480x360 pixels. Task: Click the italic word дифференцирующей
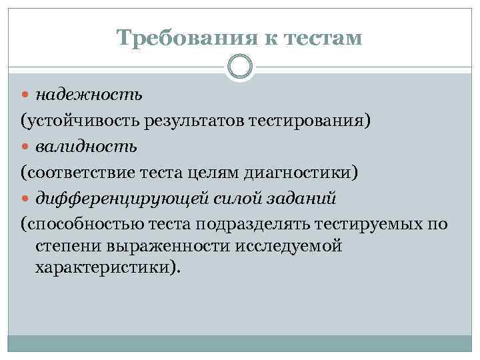point(121,199)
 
